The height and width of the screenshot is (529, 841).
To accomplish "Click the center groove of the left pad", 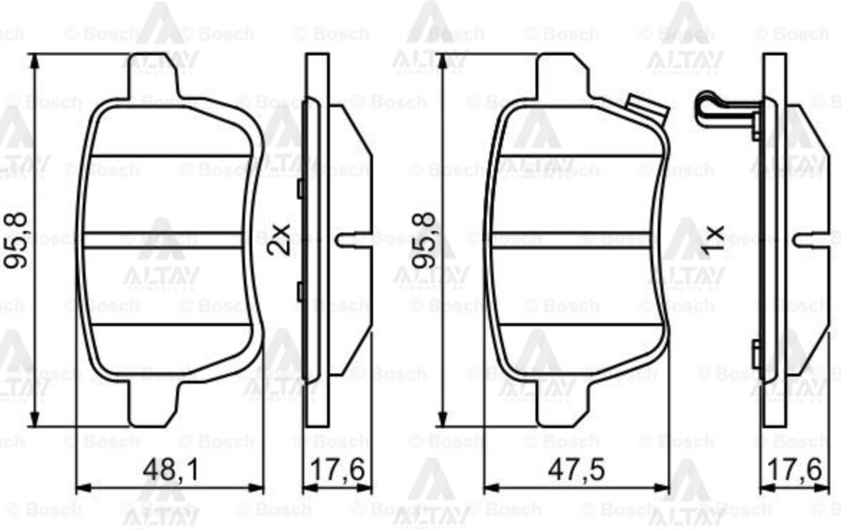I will (x=169, y=240).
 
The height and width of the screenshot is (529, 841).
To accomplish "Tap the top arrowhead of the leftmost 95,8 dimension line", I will (x=35, y=60).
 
